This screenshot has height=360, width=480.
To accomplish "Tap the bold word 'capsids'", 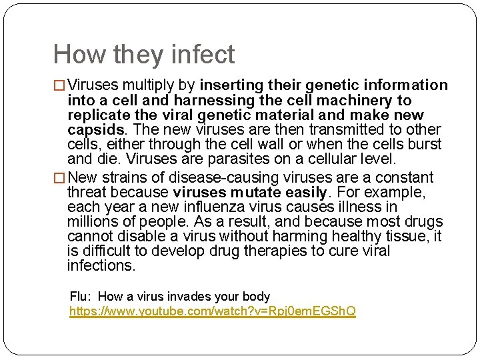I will point(95,129).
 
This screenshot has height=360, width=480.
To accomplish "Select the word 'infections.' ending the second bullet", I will point(101,266).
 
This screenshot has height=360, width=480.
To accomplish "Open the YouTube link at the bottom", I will point(213,311).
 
